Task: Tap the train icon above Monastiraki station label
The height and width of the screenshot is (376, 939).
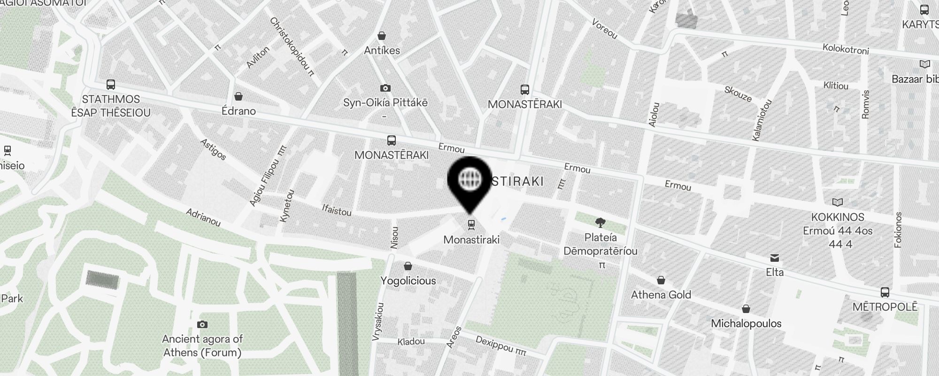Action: click(x=471, y=225)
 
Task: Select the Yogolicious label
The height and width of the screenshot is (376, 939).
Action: click(x=408, y=281)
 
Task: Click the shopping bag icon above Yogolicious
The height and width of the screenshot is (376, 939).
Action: click(x=408, y=266)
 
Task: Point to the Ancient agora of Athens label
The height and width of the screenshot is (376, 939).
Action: click(x=202, y=345)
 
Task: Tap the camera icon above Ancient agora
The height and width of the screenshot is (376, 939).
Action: click(x=202, y=324)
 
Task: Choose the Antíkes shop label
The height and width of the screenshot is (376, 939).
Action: click(x=382, y=50)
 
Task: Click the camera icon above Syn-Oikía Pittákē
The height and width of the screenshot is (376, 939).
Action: click(x=385, y=88)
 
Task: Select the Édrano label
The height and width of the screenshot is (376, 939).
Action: click(x=239, y=111)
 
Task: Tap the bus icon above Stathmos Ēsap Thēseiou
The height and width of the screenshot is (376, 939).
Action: click(x=111, y=85)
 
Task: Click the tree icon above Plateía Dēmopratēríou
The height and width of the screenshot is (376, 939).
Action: click(x=600, y=223)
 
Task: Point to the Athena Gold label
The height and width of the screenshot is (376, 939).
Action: click(x=661, y=295)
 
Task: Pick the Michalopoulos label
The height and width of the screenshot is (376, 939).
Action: click(x=746, y=323)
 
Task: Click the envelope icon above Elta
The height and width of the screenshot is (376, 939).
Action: click(x=775, y=258)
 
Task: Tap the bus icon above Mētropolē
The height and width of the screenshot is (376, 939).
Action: click(x=885, y=292)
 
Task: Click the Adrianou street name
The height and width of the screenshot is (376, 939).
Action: click(x=203, y=218)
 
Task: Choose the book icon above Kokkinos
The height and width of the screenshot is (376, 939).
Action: click(x=838, y=202)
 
